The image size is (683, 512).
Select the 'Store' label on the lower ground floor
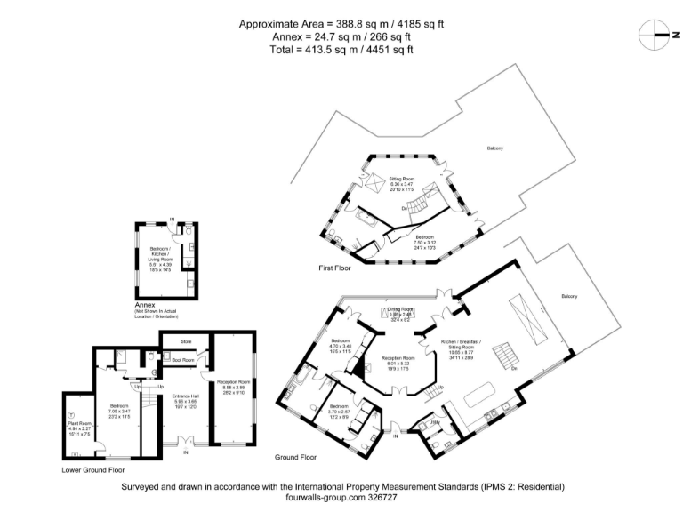[x=186, y=340]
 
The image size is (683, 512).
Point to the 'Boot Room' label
[x=185, y=359]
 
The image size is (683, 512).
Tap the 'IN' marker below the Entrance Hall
[x=185, y=452]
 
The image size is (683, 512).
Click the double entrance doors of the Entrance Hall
[x=185, y=442]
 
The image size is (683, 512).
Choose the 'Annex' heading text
[x=141, y=304]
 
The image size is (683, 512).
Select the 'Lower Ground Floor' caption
[x=92, y=469]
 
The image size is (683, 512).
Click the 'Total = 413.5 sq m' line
[x=342, y=51]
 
